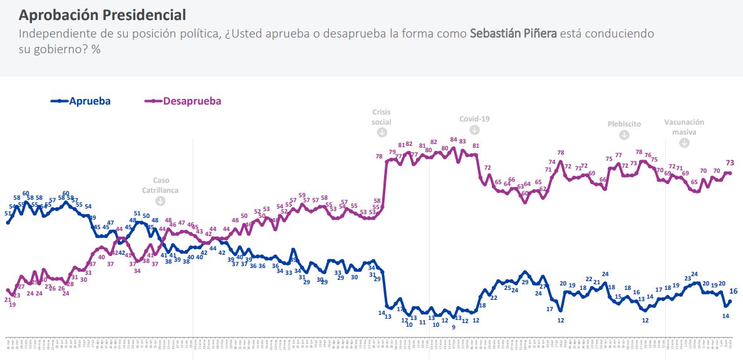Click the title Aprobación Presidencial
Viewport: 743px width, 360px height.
102,14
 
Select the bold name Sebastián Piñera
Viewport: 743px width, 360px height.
513,34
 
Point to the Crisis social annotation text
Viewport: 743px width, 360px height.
382,117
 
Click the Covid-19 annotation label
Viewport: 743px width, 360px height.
474,118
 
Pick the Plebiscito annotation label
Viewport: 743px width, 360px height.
624,124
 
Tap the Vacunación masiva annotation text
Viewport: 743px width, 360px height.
684,127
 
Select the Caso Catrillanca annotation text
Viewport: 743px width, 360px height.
160,185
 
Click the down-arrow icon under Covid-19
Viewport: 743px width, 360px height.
474,130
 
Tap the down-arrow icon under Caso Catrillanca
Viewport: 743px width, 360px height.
160,201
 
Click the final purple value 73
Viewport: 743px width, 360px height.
730,162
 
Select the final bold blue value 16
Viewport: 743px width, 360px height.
734,291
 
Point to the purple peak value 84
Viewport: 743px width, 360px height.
454,140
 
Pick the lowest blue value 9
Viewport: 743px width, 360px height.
453,327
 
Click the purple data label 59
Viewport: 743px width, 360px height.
302,195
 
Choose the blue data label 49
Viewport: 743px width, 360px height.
92,218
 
